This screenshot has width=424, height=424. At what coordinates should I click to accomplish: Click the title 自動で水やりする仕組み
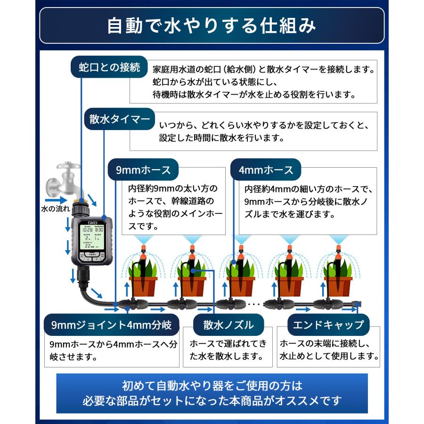212,26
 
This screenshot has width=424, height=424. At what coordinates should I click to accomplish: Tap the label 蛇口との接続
109,67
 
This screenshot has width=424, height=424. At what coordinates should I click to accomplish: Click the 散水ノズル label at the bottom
228,325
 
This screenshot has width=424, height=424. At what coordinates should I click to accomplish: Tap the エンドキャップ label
328,325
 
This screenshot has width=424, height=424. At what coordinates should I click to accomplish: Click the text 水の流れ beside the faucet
55,208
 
